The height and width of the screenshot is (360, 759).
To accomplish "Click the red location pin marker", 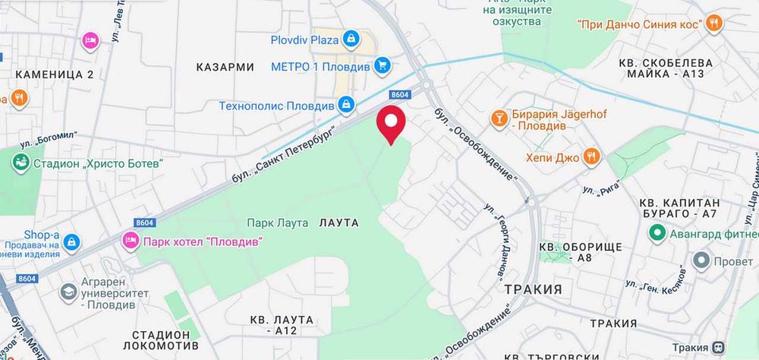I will coord(391,124).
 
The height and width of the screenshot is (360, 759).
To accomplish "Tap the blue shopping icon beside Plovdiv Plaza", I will coord(351,38).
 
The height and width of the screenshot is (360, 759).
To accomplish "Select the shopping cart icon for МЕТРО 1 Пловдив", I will coord(383,66).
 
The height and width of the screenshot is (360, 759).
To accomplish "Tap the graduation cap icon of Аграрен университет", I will coord(69,292).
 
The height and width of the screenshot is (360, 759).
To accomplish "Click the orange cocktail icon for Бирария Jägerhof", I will coord(499,117).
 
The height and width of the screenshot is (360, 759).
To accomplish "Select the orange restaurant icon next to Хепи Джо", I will coord(592,157).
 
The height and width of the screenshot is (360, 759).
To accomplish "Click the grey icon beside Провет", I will coord(703,261).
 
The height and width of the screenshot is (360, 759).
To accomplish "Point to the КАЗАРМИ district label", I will coord(225,67).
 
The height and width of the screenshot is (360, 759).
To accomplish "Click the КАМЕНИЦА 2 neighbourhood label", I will coord(54,74).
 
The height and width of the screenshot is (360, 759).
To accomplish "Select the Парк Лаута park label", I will coord(278,223).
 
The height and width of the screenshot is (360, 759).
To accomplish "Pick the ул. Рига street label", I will coord(598,185).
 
